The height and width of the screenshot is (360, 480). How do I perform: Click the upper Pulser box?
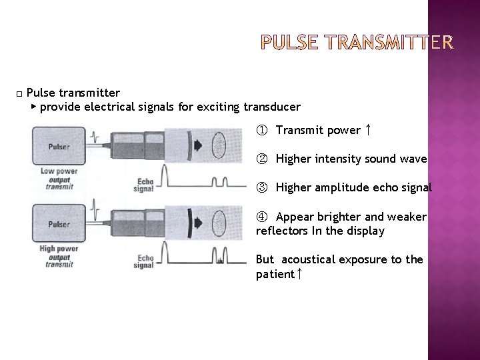point(59,146)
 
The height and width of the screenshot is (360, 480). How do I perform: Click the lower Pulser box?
point(59,225)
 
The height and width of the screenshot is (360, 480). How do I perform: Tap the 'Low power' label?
point(59,171)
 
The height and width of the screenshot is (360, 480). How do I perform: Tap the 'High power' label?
point(59,249)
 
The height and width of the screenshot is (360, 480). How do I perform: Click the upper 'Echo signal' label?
point(143,184)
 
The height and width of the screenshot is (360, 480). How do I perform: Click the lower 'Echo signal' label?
point(143,262)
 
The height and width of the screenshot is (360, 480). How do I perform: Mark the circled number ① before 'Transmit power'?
point(261,130)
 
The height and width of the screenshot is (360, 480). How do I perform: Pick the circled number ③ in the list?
point(261,188)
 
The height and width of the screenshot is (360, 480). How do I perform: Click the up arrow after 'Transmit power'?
point(367,129)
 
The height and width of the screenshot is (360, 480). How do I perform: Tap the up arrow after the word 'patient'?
point(299,274)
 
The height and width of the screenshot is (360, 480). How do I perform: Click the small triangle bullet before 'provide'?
point(34,107)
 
